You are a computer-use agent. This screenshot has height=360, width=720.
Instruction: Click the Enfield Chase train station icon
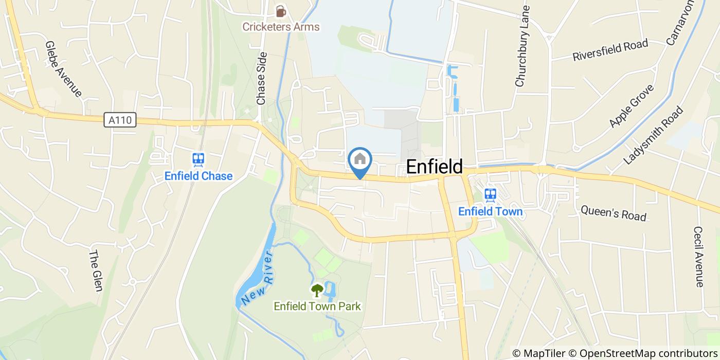[x=199, y=159]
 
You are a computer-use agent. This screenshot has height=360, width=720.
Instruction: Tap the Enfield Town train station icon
[x=490, y=194]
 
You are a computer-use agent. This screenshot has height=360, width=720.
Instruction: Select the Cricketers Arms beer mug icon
[x=280, y=10]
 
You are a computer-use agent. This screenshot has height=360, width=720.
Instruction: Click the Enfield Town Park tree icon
[x=317, y=291]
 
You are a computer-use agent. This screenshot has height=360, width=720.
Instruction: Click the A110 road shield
[x=121, y=120]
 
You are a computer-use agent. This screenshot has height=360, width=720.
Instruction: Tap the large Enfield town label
[x=435, y=167]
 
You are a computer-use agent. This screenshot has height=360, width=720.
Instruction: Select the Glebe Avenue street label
[x=64, y=69]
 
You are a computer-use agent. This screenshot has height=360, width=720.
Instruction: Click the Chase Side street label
[x=262, y=78]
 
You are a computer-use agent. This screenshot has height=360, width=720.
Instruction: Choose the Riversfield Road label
[x=610, y=50]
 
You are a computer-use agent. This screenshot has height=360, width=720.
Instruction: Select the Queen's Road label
[x=614, y=212]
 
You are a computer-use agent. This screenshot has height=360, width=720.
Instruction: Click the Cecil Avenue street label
[x=698, y=257]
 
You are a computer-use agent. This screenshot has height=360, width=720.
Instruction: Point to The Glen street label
[x=96, y=271]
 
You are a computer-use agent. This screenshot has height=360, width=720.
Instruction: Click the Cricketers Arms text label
[x=281, y=27]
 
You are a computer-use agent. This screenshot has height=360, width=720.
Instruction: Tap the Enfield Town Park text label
[x=317, y=307]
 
